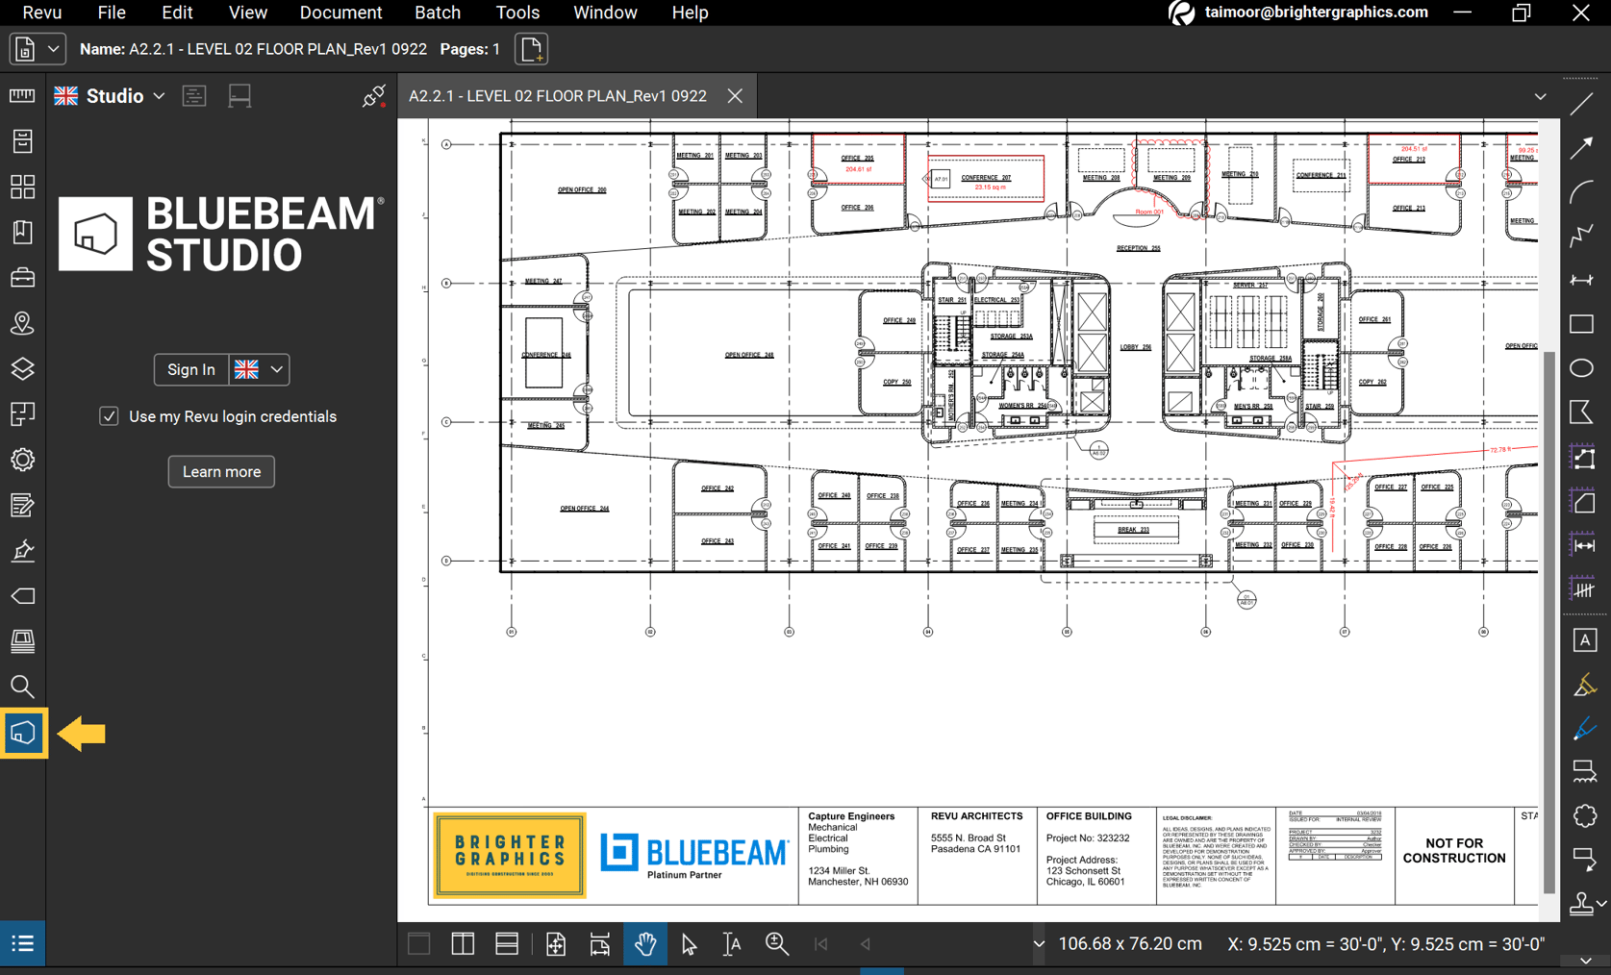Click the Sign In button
190,369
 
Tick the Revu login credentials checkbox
109,416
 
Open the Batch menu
437,12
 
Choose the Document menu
340,12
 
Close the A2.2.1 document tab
735,96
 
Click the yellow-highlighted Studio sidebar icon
23,734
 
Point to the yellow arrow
82,735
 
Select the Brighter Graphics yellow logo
509,855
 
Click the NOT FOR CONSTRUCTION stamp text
1453,851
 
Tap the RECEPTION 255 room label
1138,248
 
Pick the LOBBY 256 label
1135,347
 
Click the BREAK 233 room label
1134,530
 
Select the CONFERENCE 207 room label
986,178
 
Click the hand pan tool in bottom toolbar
644,944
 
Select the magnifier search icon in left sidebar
22,687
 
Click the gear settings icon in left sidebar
22,460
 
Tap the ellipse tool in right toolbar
1582,368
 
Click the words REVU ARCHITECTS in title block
976,816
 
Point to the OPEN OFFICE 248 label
748,355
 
